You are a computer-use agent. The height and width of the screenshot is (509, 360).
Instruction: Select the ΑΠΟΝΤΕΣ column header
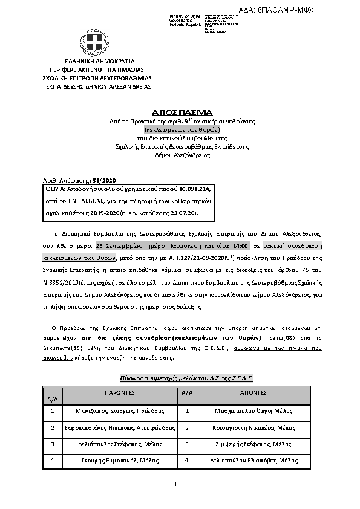[x=255, y=392]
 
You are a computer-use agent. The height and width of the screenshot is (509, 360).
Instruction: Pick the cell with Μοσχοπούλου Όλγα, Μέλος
[x=255, y=410]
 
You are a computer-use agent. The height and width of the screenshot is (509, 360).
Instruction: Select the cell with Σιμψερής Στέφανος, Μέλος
[x=255, y=444]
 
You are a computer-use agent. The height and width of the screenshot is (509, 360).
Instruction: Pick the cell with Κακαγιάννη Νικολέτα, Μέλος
[x=255, y=427]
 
